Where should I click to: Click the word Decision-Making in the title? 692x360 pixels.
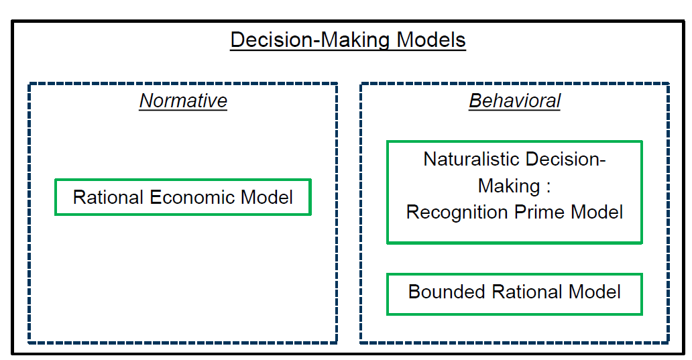310,40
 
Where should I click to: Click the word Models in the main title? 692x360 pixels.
430,40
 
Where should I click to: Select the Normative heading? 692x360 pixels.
183,101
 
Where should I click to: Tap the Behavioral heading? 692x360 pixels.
514,101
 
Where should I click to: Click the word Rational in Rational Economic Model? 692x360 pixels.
108,197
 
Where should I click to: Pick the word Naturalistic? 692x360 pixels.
471,160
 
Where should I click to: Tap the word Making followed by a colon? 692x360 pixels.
509,186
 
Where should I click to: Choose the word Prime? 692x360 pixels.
539,213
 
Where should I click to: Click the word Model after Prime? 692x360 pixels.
597,213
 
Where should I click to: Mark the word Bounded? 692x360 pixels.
447,292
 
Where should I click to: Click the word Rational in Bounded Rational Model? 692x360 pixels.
526,292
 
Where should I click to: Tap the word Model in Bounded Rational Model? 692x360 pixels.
595,292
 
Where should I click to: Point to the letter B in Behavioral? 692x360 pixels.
475,101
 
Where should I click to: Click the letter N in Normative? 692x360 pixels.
147,101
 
